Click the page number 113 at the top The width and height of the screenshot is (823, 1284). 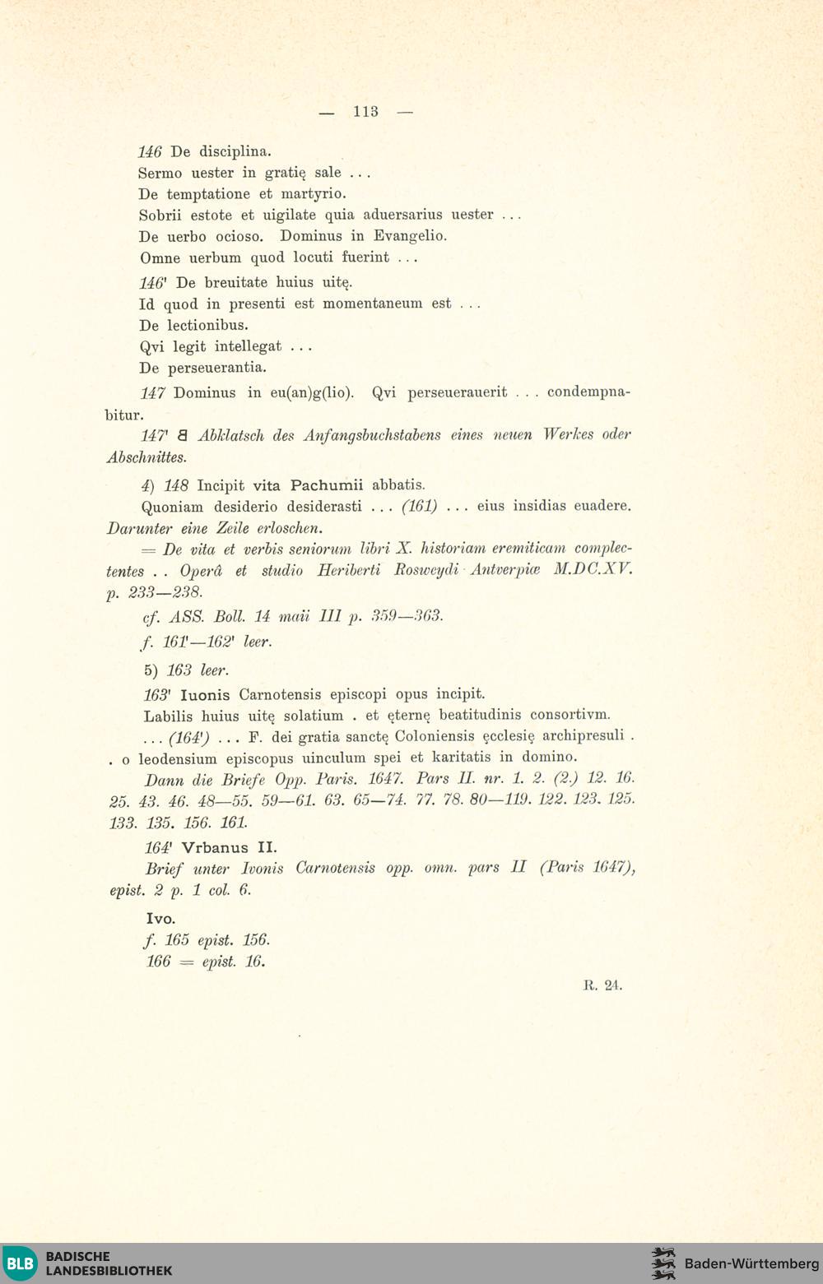pos(365,112)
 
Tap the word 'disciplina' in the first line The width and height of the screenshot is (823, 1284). pos(235,152)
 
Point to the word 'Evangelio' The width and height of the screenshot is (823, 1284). pos(410,236)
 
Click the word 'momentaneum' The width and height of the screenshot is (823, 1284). pos(387,304)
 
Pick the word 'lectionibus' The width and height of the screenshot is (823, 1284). pos(207,325)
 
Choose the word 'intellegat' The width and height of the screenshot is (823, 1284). pos(248,346)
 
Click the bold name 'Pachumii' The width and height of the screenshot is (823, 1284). pos(327,484)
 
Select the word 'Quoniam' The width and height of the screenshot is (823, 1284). pos(172,507)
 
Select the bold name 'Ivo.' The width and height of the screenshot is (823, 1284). pos(160,919)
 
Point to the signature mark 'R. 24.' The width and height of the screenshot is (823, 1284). pos(602,985)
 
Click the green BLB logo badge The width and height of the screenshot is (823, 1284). pos(21,1263)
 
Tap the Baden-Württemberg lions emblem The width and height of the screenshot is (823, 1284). pos(663,1263)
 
